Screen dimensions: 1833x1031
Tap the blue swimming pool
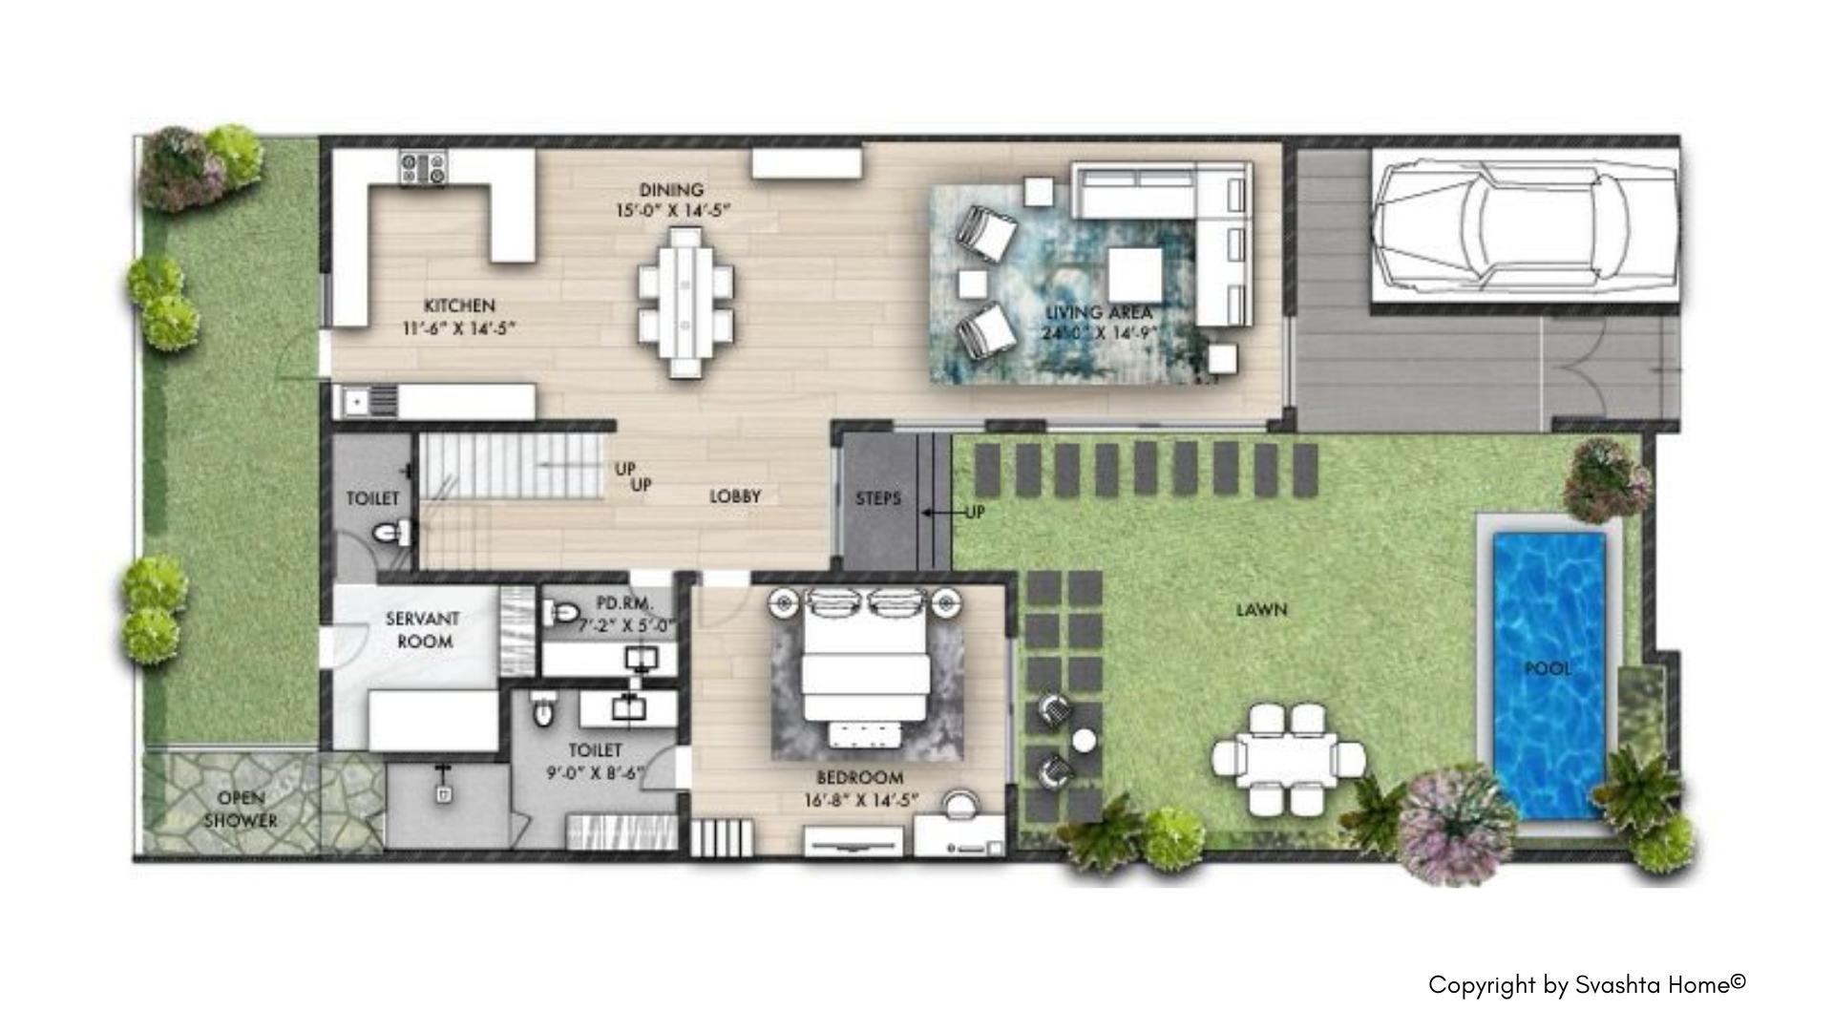coord(1548,676)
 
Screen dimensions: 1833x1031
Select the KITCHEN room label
coord(459,305)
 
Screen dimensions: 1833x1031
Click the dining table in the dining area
coord(685,303)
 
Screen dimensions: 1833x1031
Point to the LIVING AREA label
coord(1099,312)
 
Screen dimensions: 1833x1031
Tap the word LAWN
coord(1262,609)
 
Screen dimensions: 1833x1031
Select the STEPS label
coord(878,498)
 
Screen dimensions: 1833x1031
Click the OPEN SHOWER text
coord(241,810)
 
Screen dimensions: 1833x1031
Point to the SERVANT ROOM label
coord(423,630)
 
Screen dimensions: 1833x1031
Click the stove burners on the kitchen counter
coord(423,169)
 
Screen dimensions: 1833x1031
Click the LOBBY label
coord(735,496)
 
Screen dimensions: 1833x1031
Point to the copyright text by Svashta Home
coord(1587,985)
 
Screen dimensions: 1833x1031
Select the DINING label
coord(671,190)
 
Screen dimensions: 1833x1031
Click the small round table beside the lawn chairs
coord(1085,740)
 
